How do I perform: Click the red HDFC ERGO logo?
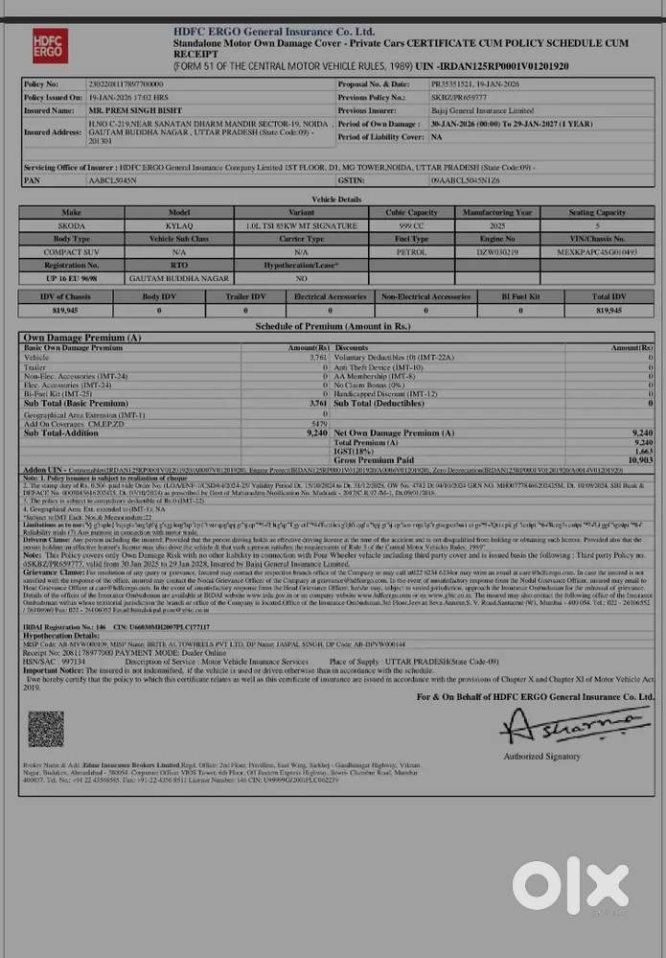[51, 45]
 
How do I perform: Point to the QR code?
[46, 729]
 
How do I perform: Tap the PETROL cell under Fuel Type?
[412, 250]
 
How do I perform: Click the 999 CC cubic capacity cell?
[412, 224]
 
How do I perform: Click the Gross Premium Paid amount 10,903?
[640, 460]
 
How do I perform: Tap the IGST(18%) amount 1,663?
[642, 452]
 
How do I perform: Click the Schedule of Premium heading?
[332, 327]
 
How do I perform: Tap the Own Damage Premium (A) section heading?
[82, 338]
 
